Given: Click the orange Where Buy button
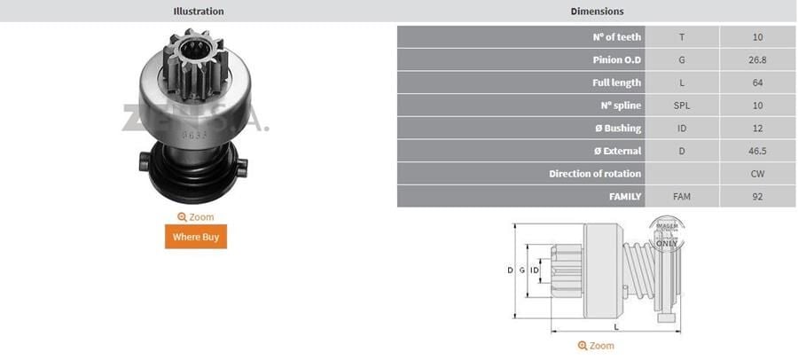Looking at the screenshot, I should coord(196,237).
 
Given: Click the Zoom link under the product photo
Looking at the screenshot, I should coord(196,216).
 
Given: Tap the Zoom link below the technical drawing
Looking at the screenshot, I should coord(596,345).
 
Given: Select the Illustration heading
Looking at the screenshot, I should coord(198,12).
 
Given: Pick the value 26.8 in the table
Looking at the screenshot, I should coord(757,60).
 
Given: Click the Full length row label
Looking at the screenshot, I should coord(617,82).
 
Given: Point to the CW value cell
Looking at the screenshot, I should coord(757,174).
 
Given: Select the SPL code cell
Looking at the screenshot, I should coord(682,106).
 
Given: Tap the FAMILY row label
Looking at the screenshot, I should coord(623,196).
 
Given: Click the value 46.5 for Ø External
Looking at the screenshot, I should coord(757,151).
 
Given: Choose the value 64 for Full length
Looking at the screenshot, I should coord(757,82).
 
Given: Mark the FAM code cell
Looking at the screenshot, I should coord(682,196).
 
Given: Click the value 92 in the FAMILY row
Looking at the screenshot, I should coord(757,196).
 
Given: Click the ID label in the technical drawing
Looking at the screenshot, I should coord(536,270).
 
